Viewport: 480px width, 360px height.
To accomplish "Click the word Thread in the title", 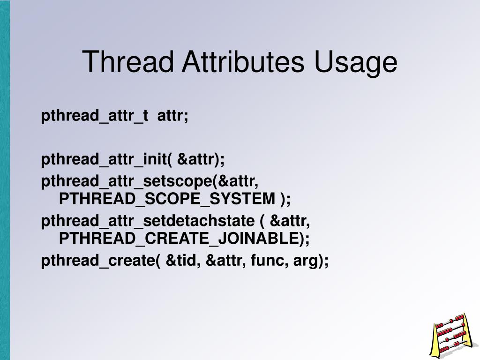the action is coord(127,61).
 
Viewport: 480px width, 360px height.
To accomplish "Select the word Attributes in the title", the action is coord(243,61).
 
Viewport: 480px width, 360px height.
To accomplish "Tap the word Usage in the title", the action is coord(356,63).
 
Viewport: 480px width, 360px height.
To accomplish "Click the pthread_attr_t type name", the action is coord(95,116).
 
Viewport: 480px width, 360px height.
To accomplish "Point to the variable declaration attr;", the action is coord(172,116).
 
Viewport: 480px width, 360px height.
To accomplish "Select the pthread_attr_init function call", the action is coord(133,159).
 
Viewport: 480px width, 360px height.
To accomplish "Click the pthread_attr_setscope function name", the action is coord(127,181).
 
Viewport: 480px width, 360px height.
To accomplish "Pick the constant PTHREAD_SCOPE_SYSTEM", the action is coord(167,199).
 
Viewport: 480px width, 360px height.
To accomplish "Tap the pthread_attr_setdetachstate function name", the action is coord(148,221).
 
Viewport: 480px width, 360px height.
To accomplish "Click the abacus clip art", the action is coord(452,336).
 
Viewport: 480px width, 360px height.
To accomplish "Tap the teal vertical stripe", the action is coord(5,180).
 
